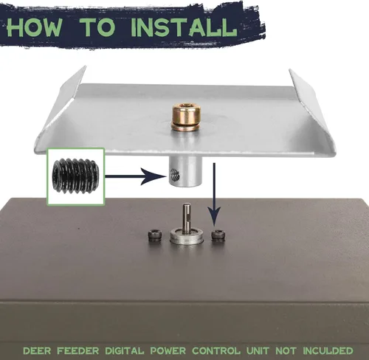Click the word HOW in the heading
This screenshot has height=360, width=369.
pos(35,27)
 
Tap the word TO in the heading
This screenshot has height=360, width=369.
pos(98,27)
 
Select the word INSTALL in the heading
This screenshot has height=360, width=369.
pos(184,27)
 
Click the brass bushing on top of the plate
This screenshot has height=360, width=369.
pos(186,117)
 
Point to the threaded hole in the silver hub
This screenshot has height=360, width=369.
pos(175,174)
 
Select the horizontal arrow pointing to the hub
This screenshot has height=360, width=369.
pos(135,176)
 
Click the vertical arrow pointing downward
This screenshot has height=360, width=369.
pos(214,194)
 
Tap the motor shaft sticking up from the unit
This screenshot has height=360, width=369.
pos(187,217)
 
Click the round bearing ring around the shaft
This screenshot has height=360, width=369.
pos(187,236)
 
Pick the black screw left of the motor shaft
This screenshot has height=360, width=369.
pos(155,235)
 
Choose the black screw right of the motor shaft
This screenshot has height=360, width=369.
pos(218,235)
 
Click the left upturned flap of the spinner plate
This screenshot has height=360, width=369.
pos(61,103)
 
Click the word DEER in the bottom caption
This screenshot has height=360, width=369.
pos(37,350)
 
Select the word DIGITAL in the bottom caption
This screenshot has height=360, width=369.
pos(125,350)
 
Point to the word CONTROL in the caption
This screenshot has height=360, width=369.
pos(216,350)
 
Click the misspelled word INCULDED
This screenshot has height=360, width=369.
pos(328,350)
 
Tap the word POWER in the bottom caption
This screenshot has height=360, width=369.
pos(168,350)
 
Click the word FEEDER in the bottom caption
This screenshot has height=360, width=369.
pos(78,350)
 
